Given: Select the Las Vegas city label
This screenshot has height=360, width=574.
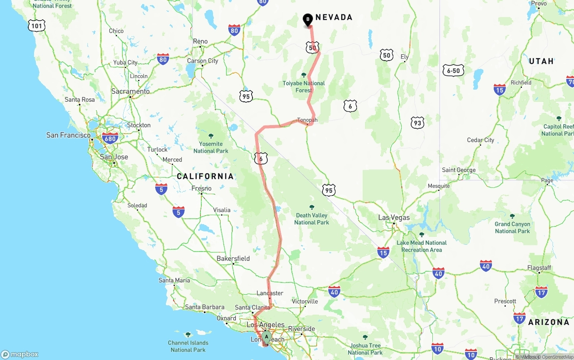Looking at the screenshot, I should click(394, 217).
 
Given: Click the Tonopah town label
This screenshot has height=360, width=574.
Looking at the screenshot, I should click(307, 120).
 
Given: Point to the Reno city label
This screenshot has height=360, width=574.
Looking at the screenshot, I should click(200, 41).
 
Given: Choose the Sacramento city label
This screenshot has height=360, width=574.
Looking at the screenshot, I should click(130, 91).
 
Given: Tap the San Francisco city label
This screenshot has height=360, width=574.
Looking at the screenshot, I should click(69, 135).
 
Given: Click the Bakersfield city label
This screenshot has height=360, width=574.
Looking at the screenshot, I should click(233, 259).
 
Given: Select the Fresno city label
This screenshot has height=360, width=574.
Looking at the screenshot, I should click(201, 188).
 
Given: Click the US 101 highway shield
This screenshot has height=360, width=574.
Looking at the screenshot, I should click(36, 26).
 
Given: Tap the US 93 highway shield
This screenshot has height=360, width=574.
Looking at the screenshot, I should click(417, 122).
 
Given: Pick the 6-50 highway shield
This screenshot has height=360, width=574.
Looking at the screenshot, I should click(453, 71).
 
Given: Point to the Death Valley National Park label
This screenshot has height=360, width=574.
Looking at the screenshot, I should click(312, 218).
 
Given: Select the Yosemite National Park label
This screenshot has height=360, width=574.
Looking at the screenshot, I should click(211, 147).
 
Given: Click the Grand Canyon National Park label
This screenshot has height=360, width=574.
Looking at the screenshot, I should click(512, 227).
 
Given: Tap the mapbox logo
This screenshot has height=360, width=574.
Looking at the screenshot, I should click(20, 354).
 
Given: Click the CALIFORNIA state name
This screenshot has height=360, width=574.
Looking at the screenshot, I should click(205, 176).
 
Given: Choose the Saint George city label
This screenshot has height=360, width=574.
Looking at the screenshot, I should click(458, 170).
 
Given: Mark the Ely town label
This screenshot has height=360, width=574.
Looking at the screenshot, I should click(404, 57).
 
